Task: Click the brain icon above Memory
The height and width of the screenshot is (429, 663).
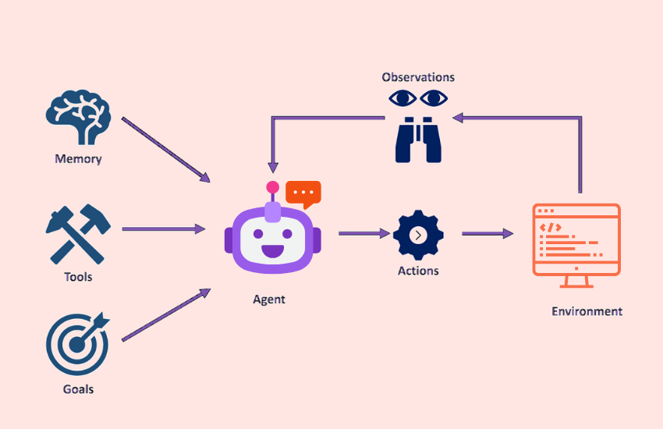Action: [x=78, y=118]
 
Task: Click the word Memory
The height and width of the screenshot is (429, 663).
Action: [x=78, y=159]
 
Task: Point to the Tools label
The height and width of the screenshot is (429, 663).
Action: [x=78, y=277]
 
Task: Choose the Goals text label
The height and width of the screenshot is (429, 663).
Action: [x=78, y=388]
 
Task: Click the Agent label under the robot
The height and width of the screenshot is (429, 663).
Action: [x=269, y=299]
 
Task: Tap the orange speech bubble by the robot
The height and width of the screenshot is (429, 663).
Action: [x=303, y=193]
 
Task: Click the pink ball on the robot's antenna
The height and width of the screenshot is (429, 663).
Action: [x=272, y=187]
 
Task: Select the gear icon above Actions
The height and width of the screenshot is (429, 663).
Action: [x=418, y=235]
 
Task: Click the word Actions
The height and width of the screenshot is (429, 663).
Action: [x=418, y=271]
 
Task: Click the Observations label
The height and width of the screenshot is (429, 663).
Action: [x=418, y=77]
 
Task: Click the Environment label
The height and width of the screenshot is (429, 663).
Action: [x=587, y=311]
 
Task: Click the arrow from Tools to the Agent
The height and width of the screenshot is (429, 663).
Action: [x=164, y=229]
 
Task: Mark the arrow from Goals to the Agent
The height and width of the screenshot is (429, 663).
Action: [x=165, y=315]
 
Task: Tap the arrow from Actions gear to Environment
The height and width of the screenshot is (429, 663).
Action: [x=487, y=233]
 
